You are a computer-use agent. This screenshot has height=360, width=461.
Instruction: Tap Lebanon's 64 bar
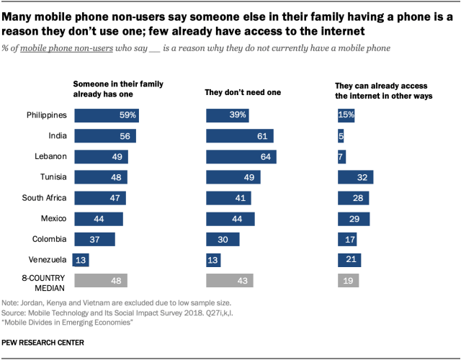tap(241, 156)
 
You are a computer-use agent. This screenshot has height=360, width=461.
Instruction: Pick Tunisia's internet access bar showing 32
tap(355, 177)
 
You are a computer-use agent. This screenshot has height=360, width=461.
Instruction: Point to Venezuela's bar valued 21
tap(349, 260)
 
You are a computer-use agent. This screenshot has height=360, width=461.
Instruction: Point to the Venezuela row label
tap(48, 260)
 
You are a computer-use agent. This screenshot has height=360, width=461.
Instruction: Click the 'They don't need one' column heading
tap(243, 92)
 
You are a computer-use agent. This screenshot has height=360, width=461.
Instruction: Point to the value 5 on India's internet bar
tap(341, 136)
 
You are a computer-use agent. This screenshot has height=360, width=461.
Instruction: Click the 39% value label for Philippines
tap(238, 115)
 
